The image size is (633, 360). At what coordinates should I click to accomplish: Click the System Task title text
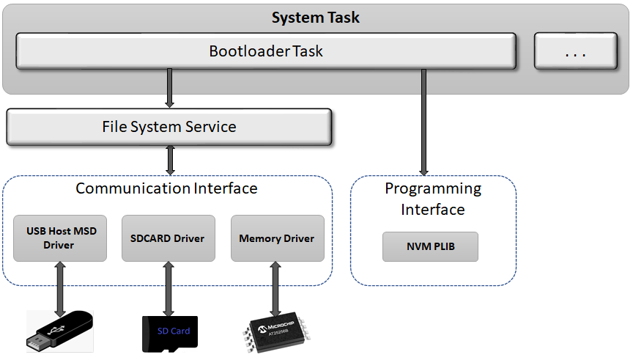point(316,18)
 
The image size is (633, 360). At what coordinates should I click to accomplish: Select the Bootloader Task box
point(265,51)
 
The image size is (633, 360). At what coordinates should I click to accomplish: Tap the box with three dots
point(575,51)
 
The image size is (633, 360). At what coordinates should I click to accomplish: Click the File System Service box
point(169,127)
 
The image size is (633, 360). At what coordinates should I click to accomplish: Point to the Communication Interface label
point(166,188)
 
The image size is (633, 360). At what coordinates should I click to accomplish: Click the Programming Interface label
point(433,199)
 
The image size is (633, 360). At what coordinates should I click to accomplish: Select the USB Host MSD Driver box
point(60,238)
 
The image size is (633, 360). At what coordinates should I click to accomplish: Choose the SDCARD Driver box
point(168,238)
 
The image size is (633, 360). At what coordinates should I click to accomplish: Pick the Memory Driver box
point(277,238)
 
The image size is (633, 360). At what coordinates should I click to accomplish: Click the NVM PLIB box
point(430,246)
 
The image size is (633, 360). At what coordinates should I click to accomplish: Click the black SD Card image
point(169,334)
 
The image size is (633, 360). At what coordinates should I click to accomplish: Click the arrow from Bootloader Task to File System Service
point(170,88)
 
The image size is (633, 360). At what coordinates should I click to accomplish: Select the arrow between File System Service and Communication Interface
point(170,160)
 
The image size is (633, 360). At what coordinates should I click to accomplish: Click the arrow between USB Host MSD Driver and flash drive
point(59,287)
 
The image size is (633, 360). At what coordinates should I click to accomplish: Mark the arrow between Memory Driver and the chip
point(276,289)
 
